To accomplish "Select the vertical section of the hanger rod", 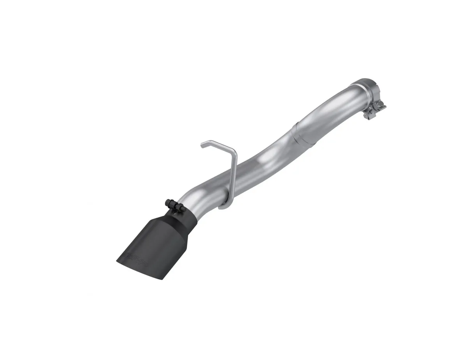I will [233, 175].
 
